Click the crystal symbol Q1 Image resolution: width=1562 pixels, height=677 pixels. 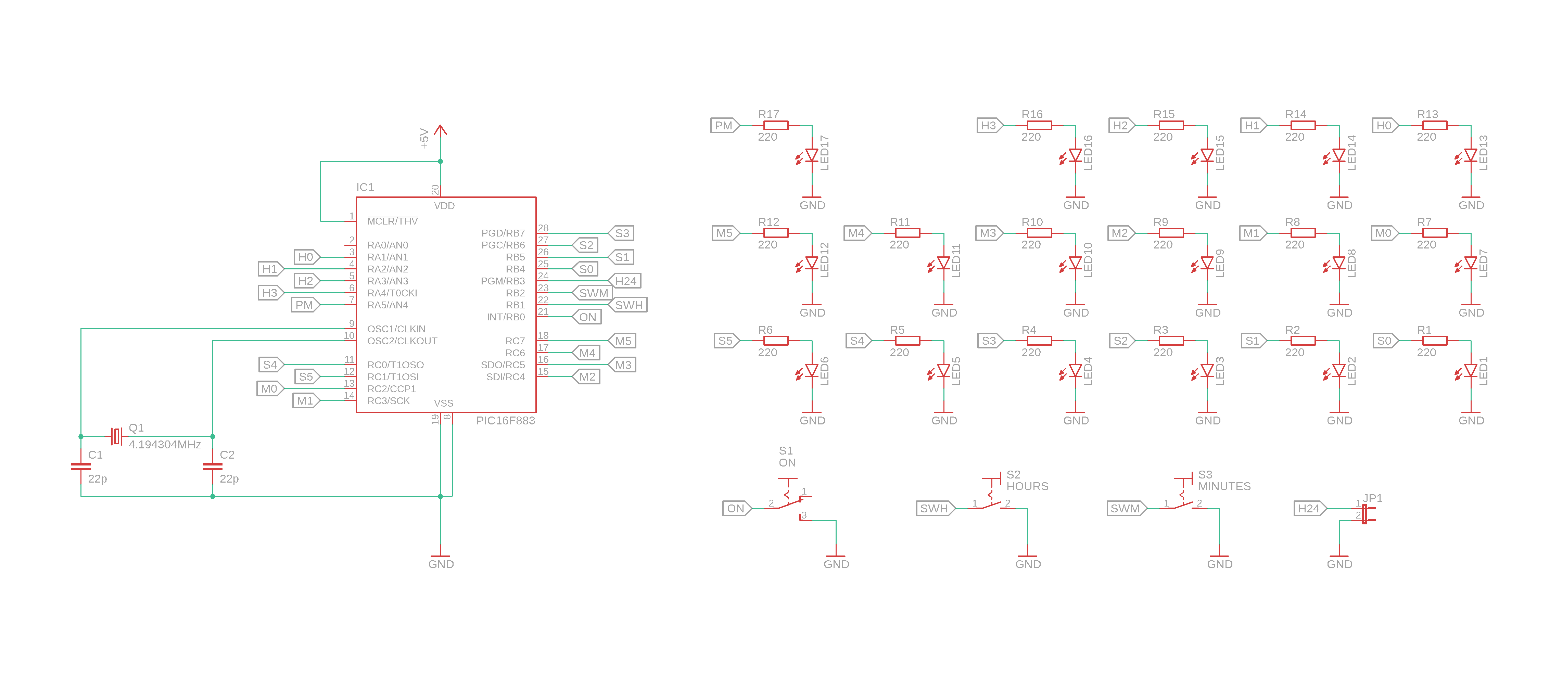tap(116, 436)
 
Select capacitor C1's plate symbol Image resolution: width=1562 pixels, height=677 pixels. tap(81, 467)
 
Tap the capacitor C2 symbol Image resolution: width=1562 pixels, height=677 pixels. tap(212, 467)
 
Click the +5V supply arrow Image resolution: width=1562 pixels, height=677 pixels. tap(440, 131)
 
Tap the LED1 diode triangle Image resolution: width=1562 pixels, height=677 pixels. tap(1471, 370)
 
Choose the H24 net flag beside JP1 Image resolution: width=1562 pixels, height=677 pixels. tap(1309, 509)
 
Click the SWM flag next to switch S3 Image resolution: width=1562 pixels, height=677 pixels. tap(1126, 509)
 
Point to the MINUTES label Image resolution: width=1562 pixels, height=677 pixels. tap(1224, 486)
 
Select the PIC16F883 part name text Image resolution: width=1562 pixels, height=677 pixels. tap(505, 421)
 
